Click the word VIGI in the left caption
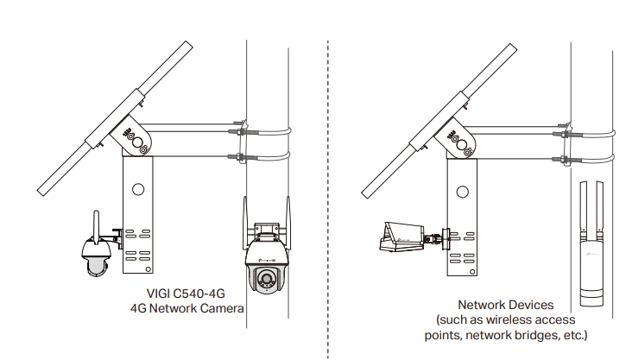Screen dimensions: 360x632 [149, 293]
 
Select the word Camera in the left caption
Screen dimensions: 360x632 [223, 307]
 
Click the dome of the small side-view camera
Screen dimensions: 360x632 [93, 263]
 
